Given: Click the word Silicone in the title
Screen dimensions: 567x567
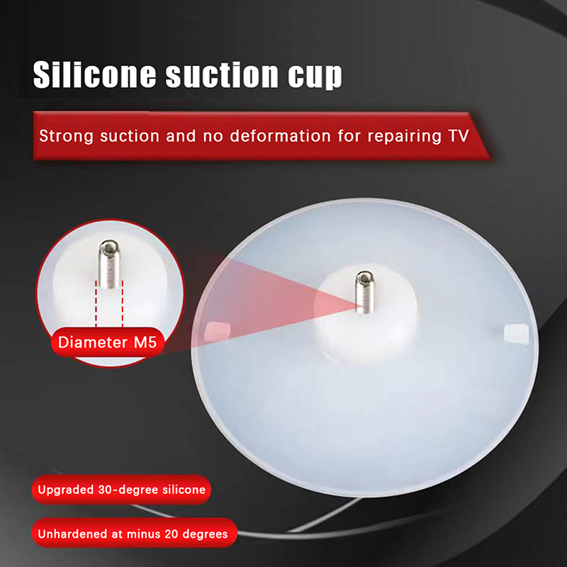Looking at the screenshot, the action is pos(94,75).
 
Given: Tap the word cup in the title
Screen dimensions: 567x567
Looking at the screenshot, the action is pos(315,77).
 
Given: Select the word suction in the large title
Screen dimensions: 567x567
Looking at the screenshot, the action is pos(222,75).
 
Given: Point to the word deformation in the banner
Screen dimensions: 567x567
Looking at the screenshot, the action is pos(280,135).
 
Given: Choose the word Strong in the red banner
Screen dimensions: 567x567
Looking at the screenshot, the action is pos(66,136).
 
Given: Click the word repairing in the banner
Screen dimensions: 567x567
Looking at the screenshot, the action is pos(404,136).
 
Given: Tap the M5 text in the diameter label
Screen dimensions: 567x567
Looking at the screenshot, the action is pos(145,342).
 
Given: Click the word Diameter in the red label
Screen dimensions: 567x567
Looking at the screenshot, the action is pos(93,342).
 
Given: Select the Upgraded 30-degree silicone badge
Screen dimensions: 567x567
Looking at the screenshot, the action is pos(121,490).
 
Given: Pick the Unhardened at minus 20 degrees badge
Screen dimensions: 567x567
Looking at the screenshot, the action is pos(134,533).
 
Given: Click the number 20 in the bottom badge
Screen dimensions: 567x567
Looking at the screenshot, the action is pos(171,534).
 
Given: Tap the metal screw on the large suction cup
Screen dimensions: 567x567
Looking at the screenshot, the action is pos(364,291).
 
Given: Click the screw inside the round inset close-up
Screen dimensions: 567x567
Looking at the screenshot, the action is pos(109,264).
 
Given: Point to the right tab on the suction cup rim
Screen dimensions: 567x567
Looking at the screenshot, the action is pos(516,333).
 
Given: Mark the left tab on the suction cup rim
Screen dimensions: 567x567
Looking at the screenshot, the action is pos(218,330).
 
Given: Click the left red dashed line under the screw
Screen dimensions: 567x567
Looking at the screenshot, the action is pos(96,304).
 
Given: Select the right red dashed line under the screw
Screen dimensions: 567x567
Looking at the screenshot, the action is pos(123,304).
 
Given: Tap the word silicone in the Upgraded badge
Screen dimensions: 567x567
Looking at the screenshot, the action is pos(184,490).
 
